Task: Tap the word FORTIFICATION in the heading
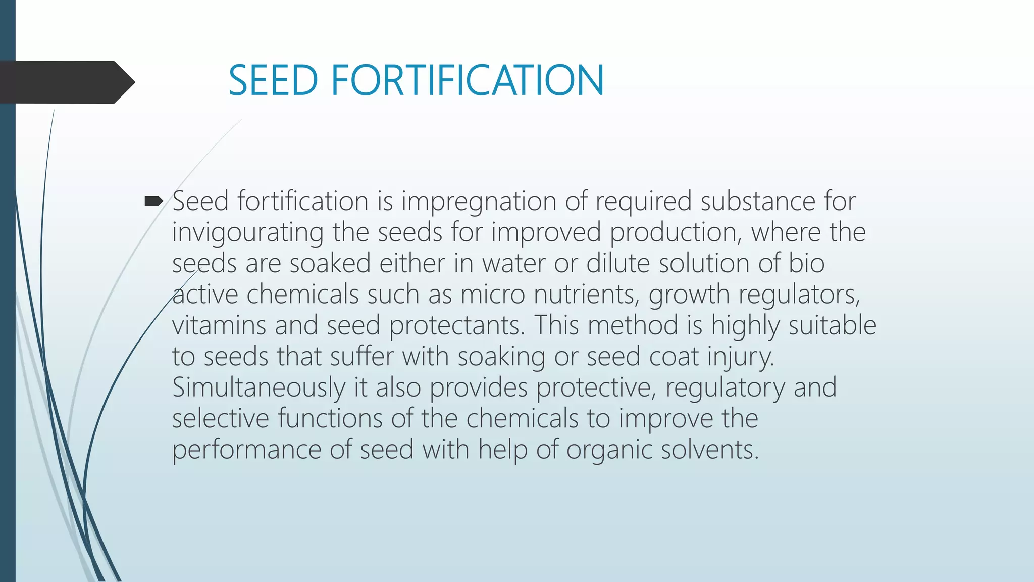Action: click(467, 80)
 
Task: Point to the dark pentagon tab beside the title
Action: click(66, 82)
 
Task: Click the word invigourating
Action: click(247, 233)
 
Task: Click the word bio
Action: click(806, 263)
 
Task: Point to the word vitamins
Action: click(219, 325)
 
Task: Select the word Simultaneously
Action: click(258, 387)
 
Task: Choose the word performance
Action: click(246, 450)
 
